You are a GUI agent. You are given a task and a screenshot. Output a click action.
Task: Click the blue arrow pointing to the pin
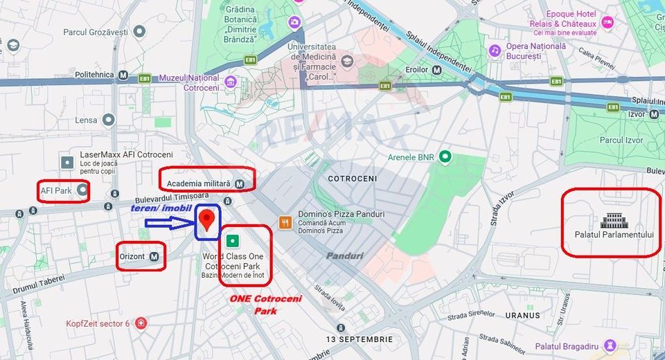pos(169,223)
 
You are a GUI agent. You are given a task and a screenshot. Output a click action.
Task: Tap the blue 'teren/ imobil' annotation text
pos(163,208)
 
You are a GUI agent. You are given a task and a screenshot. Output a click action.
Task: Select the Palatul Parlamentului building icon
pos(613,221)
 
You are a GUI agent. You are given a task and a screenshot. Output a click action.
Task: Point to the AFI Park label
pos(57,190)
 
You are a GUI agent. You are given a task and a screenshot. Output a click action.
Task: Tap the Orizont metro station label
pos(133,257)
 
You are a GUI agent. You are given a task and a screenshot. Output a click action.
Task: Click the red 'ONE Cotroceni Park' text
pos(256,305)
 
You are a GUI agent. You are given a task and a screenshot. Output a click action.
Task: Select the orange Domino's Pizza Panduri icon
pos(285,222)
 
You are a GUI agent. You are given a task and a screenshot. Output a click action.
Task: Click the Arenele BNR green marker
pos(445,157)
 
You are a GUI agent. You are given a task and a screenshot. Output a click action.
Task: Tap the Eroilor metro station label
pos(417,70)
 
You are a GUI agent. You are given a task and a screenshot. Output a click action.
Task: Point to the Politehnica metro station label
pos(94,75)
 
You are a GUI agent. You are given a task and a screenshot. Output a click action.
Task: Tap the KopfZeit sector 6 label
pos(98,323)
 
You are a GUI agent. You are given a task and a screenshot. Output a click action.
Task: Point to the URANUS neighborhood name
pos(522,315)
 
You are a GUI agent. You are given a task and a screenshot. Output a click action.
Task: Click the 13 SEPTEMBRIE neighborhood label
pos(360,339)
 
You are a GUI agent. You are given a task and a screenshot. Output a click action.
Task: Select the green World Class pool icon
pos(233,241)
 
